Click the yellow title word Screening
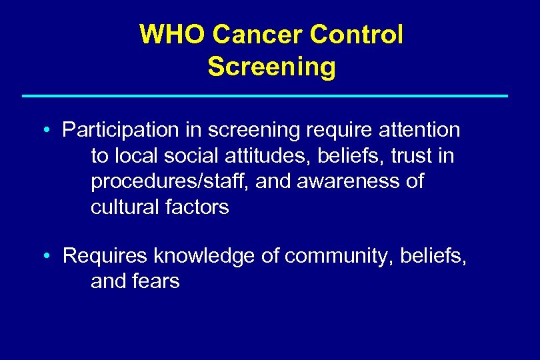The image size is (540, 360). [x=271, y=67]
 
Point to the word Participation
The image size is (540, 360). [x=119, y=130]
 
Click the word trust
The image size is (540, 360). [x=414, y=156]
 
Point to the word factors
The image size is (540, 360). [x=198, y=207]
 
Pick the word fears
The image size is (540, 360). [x=157, y=281]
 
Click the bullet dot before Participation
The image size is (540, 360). [x=49, y=131]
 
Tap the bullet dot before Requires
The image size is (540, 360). [x=49, y=256]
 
